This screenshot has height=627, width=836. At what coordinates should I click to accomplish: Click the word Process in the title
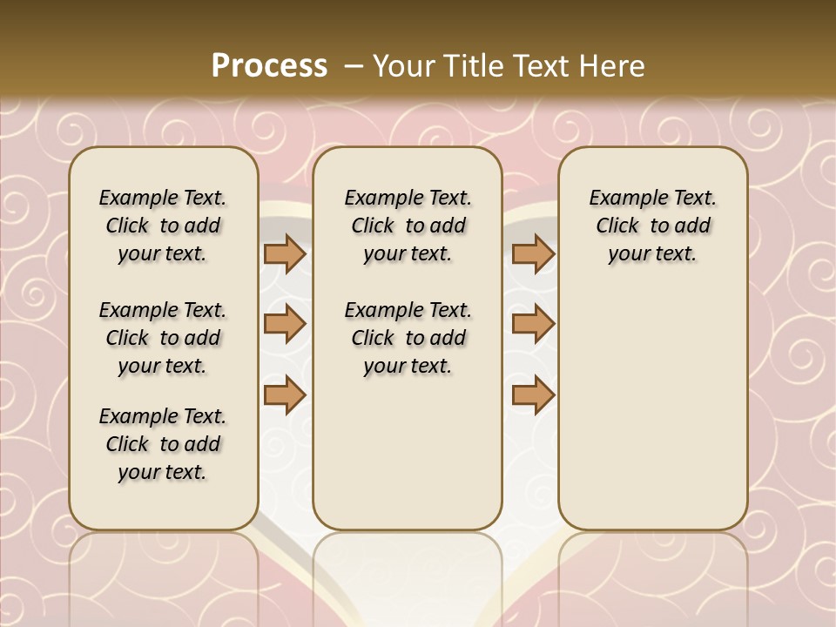[x=269, y=66]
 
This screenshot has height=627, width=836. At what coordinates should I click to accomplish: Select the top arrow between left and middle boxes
[x=285, y=254]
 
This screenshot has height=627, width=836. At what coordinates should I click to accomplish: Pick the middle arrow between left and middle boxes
[x=285, y=324]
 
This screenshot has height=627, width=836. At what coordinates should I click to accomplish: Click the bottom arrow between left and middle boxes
[x=285, y=394]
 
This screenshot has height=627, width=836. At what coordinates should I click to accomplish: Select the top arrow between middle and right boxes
[x=533, y=254]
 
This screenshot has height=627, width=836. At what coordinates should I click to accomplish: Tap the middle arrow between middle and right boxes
[x=533, y=324]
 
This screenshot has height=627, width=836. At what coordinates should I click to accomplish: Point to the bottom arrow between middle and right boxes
[x=533, y=394]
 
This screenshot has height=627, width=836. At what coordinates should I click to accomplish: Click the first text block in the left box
[x=163, y=226]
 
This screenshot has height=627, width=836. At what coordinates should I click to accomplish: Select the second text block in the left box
[x=163, y=338]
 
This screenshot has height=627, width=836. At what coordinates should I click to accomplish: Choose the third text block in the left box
[x=163, y=444]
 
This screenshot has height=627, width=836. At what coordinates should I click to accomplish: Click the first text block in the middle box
[x=408, y=226]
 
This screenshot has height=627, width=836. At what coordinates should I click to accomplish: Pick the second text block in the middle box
[x=408, y=338]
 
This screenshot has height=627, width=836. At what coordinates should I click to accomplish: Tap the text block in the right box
[x=652, y=226]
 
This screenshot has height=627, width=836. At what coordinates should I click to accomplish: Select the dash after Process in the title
[x=354, y=66]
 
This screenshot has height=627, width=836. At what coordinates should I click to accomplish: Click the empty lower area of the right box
[x=652, y=409]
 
